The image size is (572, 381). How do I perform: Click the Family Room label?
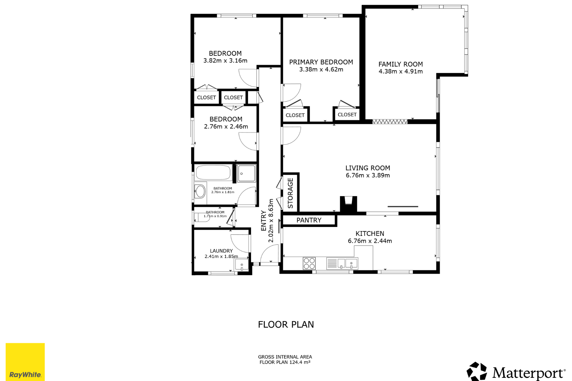400,64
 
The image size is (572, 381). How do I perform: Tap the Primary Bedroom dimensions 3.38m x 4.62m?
321,70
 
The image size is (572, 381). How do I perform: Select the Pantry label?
309,220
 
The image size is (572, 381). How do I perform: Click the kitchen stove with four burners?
309,263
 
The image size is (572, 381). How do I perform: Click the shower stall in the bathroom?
247,173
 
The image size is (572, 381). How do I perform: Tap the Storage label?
290,193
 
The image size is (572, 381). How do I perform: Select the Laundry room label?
221,251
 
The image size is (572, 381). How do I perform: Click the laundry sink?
242,265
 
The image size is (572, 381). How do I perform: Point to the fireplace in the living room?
349,204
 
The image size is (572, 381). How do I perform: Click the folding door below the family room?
390,122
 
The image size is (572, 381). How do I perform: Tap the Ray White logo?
25,362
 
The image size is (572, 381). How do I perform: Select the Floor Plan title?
286,324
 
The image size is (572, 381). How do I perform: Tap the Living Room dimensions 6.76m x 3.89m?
368,175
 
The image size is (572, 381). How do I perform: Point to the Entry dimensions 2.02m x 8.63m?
271,221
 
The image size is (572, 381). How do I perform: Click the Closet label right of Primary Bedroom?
347,115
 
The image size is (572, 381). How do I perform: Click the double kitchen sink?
342,264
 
